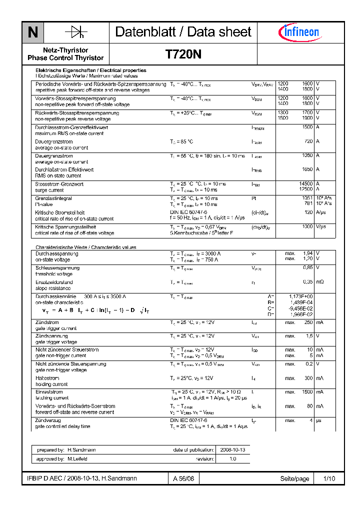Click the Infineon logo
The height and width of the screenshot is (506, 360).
[x=298, y=32]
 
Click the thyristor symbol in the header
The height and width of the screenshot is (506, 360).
[x=75, y=32]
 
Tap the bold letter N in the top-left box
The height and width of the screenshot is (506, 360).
[x=32, y=32]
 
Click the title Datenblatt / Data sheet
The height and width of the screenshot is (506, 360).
[x=183, y=32]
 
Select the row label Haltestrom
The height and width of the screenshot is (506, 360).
[x=47, y=378]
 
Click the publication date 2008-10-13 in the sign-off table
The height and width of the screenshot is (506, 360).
[x=232, y=450]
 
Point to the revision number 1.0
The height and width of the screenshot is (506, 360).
[x=232, y=458]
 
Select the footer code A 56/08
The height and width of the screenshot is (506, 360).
[x=183, y=478]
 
